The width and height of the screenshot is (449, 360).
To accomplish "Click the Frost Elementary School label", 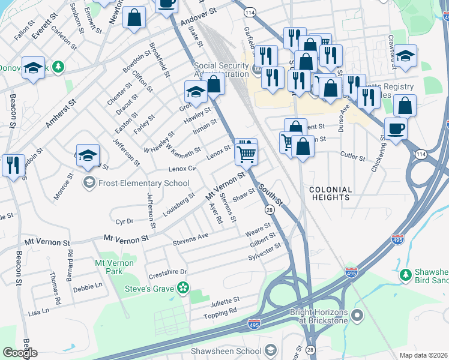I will [144, 183].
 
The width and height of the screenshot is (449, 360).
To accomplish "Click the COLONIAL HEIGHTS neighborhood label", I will [330, 193].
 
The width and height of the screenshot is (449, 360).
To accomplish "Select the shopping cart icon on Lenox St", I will [246, 154].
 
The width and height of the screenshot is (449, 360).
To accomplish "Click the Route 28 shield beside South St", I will [270, 209].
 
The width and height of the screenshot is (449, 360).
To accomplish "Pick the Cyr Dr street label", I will [124, 221].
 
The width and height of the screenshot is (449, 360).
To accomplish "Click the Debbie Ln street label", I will [87, 287].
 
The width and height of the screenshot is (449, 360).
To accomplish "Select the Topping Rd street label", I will [220, 312].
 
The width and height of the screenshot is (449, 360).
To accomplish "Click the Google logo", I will [20, 353].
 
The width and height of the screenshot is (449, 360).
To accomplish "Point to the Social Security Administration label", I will [221, 70].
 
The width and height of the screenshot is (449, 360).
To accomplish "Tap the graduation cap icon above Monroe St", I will [88, 154].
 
